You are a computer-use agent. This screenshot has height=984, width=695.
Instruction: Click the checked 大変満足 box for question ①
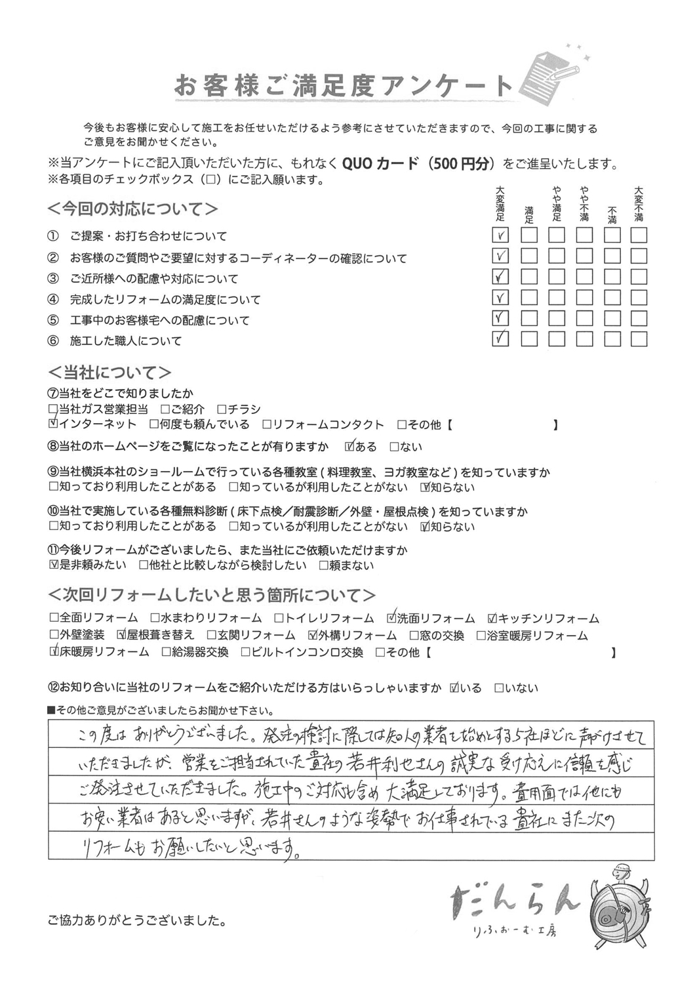click(501, 235)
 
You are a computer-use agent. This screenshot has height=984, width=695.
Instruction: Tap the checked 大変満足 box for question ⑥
click(501, 339)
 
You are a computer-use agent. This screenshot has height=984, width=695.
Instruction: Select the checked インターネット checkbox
click(53, 424)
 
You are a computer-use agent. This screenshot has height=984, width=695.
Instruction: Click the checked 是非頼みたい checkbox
click(54, 565)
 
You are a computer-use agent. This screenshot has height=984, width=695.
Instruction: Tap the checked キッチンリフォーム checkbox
click(492, 618)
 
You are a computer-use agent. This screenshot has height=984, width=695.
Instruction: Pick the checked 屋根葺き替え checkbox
click(121, 635)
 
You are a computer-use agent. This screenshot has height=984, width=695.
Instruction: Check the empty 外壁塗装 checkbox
click(54, 635)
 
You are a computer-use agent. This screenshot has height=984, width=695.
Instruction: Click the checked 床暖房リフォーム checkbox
click(54, 652)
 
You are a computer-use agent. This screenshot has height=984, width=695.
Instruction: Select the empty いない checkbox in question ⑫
click(499, 688)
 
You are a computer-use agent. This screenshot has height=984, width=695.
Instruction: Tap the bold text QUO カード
click(380, 164)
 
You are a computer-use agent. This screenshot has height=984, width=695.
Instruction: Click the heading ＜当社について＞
click(110, 373)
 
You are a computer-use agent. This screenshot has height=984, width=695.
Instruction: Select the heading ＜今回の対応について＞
click(133, 209)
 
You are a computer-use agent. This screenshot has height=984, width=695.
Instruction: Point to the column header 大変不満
click(639, 203)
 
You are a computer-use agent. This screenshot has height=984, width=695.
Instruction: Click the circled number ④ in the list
click(53, 300)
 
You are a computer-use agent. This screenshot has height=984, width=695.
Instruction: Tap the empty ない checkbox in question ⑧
click(394, 447)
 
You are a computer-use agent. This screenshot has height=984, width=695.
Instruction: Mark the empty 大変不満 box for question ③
click(639, 276)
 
